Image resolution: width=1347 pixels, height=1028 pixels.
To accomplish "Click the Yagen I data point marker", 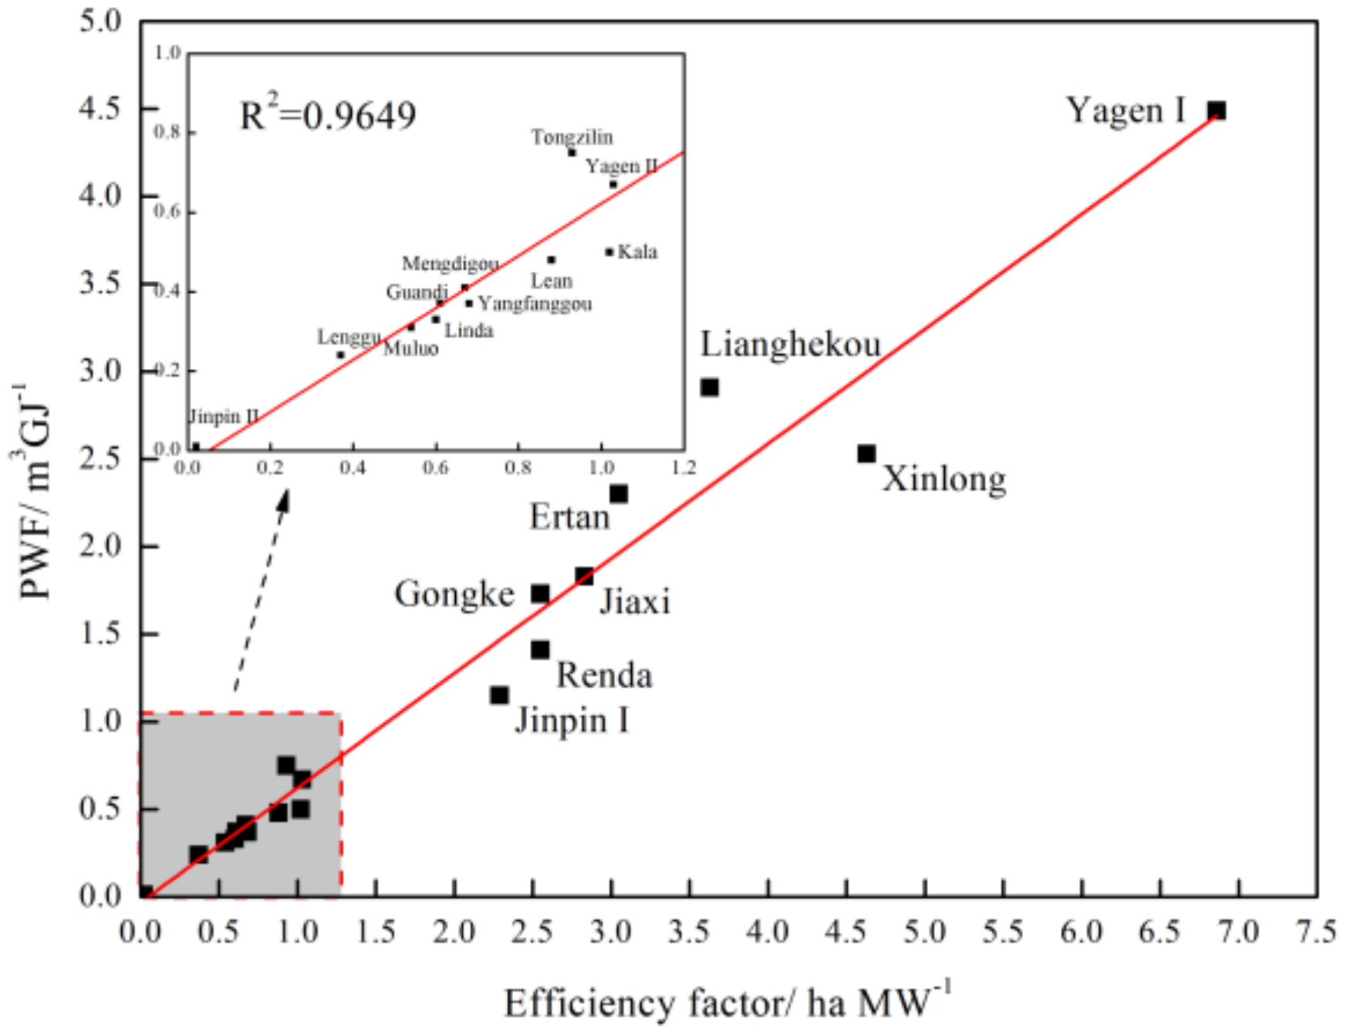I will [1217, 110].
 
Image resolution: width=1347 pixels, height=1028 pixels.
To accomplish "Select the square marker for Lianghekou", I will [709, 387].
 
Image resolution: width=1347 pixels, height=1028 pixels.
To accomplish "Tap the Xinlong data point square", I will [866, 454].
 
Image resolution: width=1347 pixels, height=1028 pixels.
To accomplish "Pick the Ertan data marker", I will [618, 493].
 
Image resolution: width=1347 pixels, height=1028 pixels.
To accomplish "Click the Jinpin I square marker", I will [499, 695].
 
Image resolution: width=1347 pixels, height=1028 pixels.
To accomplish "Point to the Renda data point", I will [540, 649].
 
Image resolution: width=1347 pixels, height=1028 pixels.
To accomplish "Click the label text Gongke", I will [454, 593].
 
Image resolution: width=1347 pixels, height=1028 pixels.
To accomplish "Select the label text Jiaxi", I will [635, 601].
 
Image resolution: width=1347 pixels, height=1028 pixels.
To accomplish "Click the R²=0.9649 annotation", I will [328, 115].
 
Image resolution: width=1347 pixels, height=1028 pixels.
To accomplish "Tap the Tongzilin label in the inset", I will [572, 137].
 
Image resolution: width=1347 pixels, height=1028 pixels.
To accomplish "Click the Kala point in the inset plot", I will [609, 252].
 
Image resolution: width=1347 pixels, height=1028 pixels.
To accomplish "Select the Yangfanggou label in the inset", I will [535, 303].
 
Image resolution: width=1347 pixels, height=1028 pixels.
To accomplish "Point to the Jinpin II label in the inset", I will [224, 417].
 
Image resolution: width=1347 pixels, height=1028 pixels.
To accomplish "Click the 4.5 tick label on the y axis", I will [100, 108].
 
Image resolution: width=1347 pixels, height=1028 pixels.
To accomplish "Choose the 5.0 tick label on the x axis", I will [924, 932].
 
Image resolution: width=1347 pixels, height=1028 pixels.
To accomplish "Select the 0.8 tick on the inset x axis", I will [518, 468].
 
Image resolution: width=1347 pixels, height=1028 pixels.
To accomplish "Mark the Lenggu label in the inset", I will [349, 337].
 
